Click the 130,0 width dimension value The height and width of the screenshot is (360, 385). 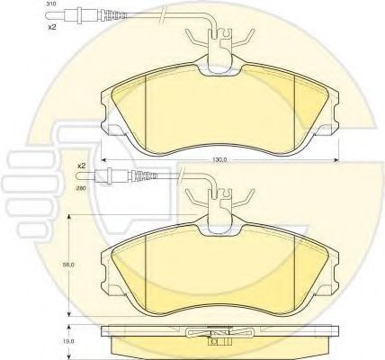coord(219,160)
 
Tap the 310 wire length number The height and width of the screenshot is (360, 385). coord(49,4)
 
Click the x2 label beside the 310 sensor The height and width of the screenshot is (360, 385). coord(52,27)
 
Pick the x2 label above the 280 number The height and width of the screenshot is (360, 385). coord(81,166)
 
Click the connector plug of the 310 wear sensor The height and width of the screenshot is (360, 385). coord(72,14)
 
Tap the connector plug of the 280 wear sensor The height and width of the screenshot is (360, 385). coord(103,176)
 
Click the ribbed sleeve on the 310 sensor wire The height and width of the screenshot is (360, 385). coord(114,14)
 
